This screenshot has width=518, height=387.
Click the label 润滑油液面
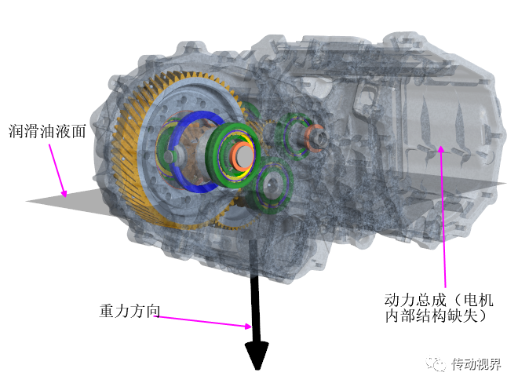(46, 130)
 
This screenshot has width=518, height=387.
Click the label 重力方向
(129, 310)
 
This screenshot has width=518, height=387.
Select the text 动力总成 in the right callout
(413, 300)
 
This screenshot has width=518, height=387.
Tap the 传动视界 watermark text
(480, 364)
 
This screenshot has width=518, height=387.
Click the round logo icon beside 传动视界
(436, 364)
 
